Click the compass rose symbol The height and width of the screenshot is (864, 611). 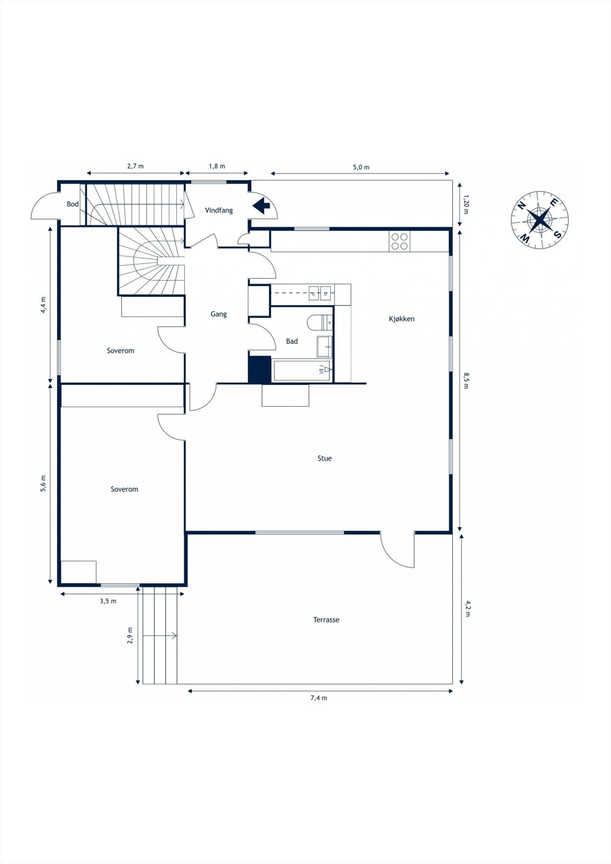click(x=540, y=219)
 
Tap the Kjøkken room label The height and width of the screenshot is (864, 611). click(x=401, y=319)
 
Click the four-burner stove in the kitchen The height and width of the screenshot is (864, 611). click(x=400, y=241)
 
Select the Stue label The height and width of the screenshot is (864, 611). click(x=324, y=458)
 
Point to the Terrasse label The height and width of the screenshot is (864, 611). click(x=326, y=620)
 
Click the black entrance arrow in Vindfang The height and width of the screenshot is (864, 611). click(x=262, y=205)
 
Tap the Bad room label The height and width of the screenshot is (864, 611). click(x=292, y=341)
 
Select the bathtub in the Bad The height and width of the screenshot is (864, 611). click(x=302, y=371)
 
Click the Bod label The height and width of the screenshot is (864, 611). click(x=72, y=204)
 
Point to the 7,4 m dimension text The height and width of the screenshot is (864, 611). click(x=318, y=698)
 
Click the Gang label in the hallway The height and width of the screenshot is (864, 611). click(x=218, y=314)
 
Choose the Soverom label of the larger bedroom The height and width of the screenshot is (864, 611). click(x=124, y=489)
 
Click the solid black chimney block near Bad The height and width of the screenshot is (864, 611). click(x=259, y=369)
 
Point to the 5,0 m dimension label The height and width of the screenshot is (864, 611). click(x=361, y=167)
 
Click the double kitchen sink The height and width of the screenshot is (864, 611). click(x=320, y=292)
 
